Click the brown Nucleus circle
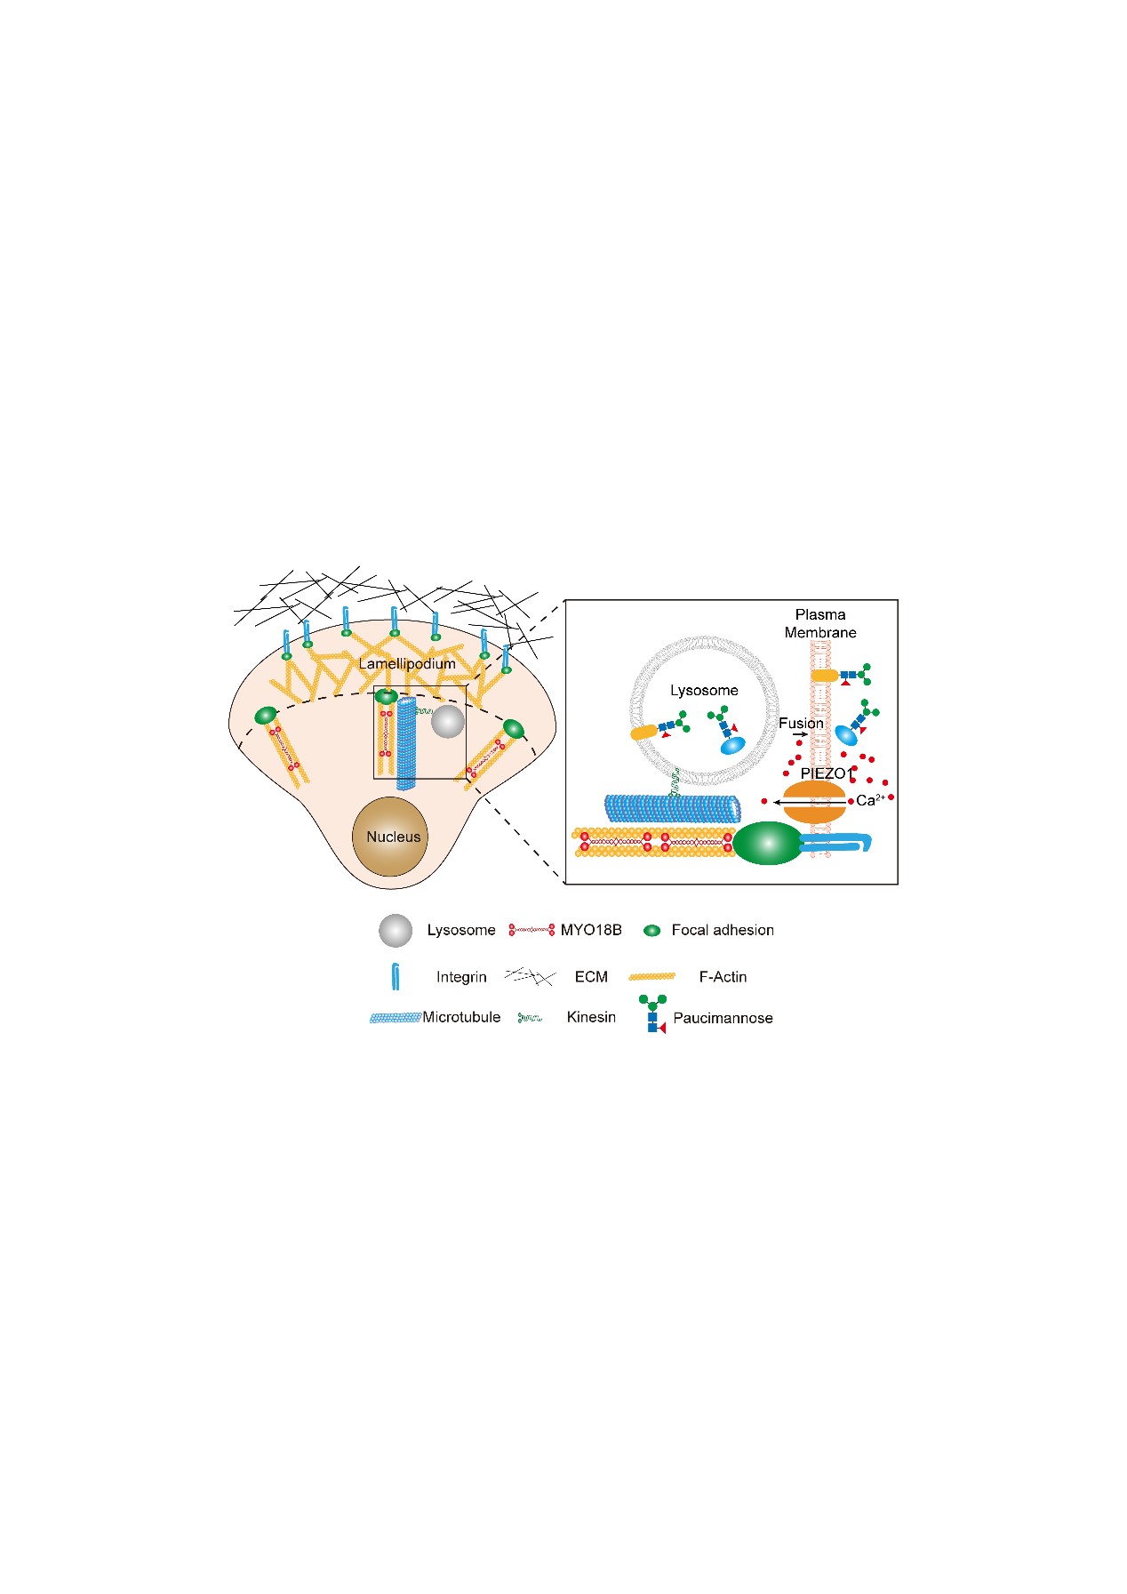pyautogui.click(x=391, y=837)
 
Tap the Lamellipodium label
pyautogui.click(x=407, y=664)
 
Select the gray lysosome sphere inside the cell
pyautogui.click(x=448, y=721)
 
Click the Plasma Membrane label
pyautogui.click(x=820, y=623)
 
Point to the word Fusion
pyautogui.click(x=801, y=723)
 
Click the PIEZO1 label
pyautogui.click(x=827, y=773)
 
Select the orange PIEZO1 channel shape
pyautogui.click(x=814, y=802)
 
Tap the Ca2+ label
pyautogui.click(x=869, y=800)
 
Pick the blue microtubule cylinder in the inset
pyautogui.click(x=672, y=808)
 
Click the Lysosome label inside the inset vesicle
pyautogui.click(x=704, y=690)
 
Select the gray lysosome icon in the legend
pyautogui.click(x=396, y=930)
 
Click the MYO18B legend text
pyautogui.click(x=591, y=930)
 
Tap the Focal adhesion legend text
pyautogui.click(x=723, y=930)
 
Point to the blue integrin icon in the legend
pyautogui.click(x=396, y=976)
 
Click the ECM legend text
pyautogui.click(x=591, y=976)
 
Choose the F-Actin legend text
pyautogui.click(x=723, y=976)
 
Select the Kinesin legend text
pyautogui.click(x=591, y=1017)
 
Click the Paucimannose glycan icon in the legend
pyautogui.click(x=655, y=1015)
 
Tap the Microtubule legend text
pyautogui.click(x=461, y=1017)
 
